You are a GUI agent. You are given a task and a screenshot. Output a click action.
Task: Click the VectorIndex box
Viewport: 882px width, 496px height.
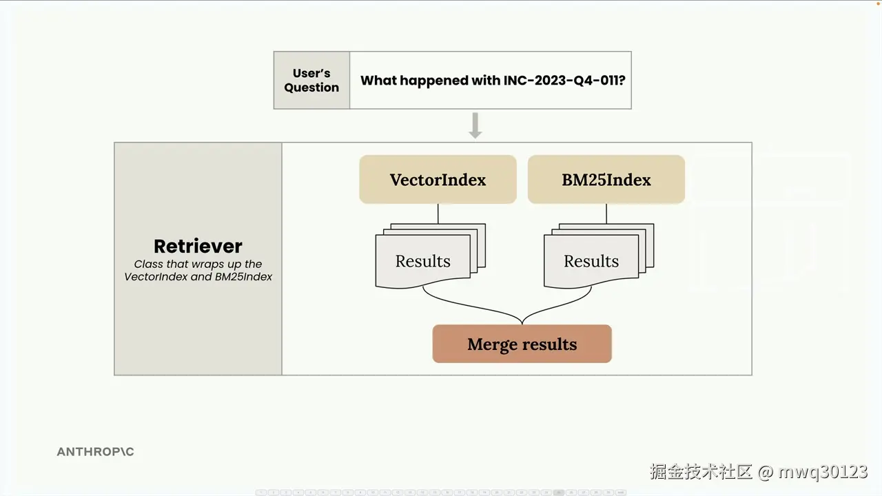tap(438, 180)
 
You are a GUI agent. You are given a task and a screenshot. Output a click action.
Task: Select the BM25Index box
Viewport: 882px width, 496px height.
tap(606, 180)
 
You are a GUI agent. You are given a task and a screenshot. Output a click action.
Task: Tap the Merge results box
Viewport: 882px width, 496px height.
tap(522, 344)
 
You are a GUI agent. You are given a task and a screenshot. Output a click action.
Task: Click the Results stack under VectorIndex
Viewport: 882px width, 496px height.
tap(431, 256)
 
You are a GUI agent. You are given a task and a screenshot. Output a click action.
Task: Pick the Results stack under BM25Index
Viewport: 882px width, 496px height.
tap(599, 256)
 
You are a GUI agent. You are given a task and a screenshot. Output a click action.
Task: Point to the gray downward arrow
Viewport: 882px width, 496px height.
tap(475, 125)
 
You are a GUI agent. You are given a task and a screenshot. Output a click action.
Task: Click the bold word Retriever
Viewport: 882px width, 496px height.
tap(198, 247)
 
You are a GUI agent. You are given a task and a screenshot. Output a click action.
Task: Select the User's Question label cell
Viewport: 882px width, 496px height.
tap(311, 81)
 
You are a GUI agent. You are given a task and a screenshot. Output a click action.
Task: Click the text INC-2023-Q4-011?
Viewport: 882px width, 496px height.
tap(564, 81)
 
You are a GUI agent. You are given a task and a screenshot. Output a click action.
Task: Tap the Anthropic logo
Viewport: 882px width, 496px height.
tap(95, 451)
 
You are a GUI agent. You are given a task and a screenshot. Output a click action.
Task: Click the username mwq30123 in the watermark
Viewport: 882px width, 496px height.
tap(823, 472)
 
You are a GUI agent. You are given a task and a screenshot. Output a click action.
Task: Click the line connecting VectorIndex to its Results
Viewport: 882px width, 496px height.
tap(438, 214)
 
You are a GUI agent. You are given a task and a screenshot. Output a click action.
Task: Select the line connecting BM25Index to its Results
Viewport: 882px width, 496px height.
tap(606, 214)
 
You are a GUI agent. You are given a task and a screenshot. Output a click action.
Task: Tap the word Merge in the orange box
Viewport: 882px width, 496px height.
tap(491, 344)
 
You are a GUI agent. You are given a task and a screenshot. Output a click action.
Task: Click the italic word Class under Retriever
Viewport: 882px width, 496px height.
tap(148, 264)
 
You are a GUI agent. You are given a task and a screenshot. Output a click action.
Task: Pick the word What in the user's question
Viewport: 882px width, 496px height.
tap(378, 81)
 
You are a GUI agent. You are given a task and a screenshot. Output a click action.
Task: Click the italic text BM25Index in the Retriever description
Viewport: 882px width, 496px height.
tap(243, 277)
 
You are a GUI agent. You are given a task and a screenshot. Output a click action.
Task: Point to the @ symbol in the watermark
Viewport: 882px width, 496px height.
tap(766, 472)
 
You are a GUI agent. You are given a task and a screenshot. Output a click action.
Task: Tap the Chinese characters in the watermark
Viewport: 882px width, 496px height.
tap(701, 472)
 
